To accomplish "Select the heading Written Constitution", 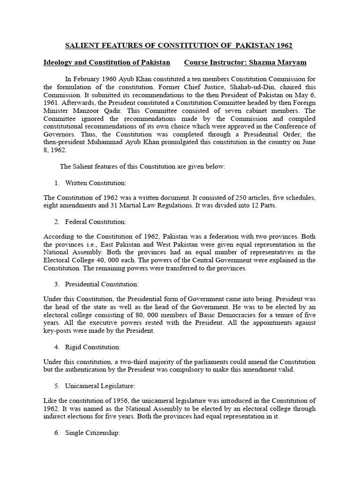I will (x=96, y=182).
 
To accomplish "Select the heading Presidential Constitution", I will (x=102, y=284).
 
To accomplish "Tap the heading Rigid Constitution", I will (x=93, y=347).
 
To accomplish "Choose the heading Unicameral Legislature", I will (x=100, y=386).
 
